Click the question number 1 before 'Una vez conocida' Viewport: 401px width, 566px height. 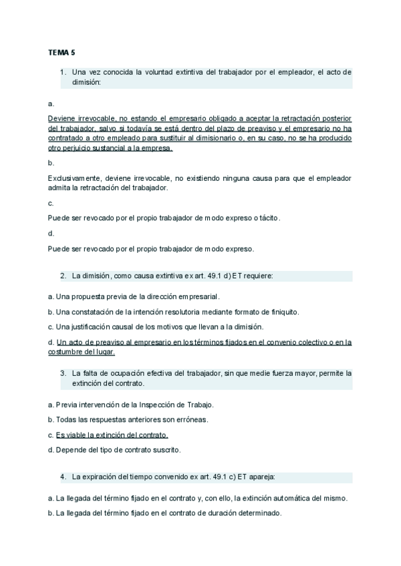point(62,72)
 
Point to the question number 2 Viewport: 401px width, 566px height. point(62,275)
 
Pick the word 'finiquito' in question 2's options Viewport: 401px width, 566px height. point(283,312)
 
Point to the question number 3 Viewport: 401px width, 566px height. point(62,373)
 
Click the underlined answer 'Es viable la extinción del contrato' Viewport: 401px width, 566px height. point(112,435)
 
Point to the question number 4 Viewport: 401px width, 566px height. point(62,477)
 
